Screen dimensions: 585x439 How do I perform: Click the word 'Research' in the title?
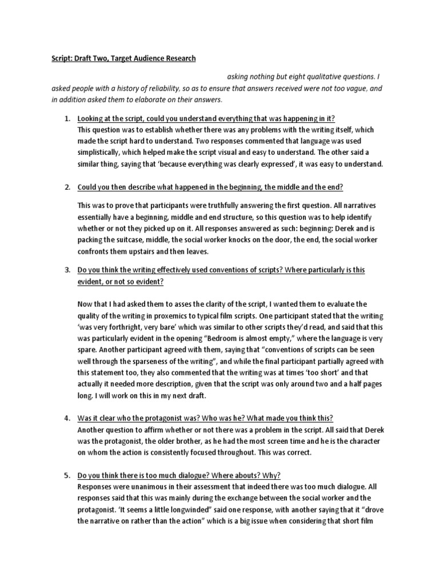click(178, 58)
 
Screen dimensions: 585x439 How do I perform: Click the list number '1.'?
click(67, 118)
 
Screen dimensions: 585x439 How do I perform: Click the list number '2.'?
click(67, 187)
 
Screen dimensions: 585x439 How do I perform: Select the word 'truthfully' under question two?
click(217, 205)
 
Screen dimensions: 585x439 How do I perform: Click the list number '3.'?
click(67, 270)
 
